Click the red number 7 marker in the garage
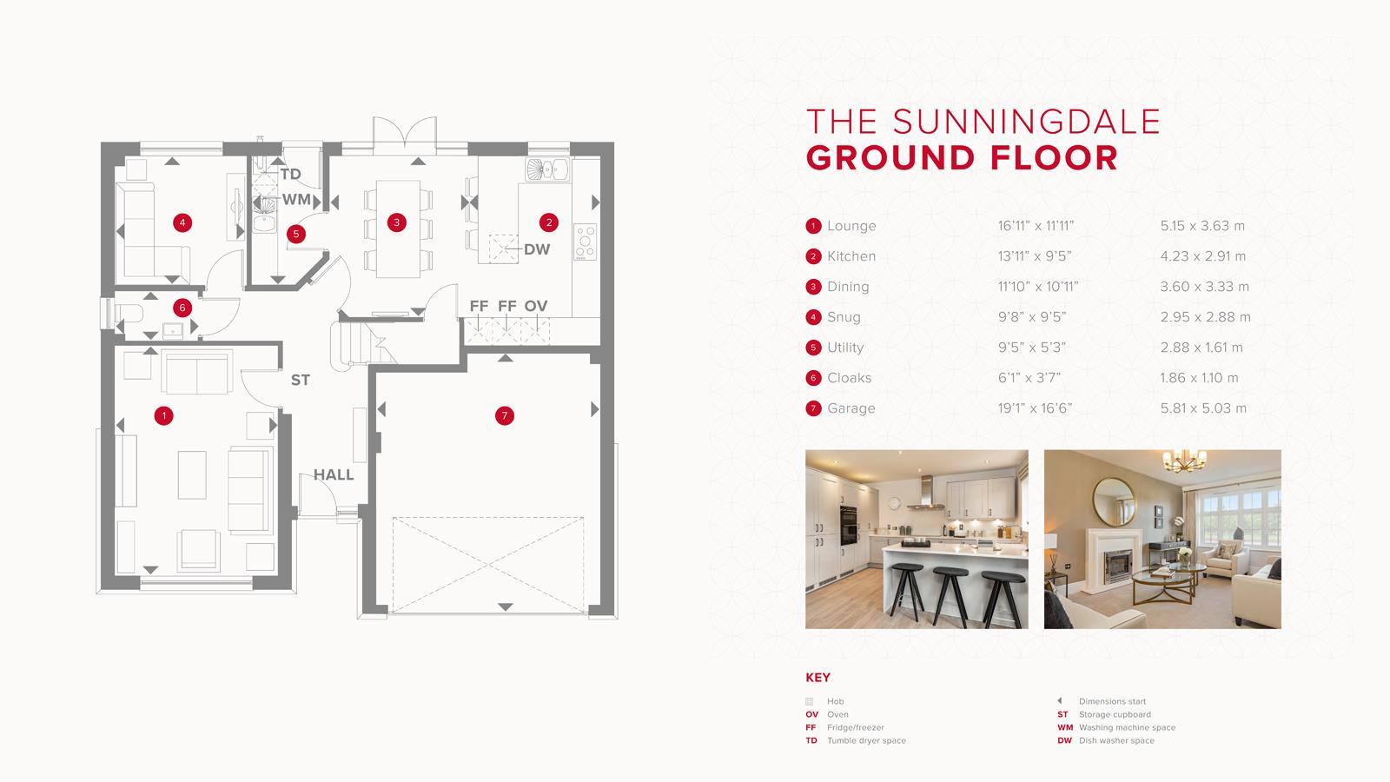505,416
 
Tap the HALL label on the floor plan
334,475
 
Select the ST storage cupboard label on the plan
300,381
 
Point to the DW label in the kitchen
537,249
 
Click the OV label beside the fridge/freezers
536,306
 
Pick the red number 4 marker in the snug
182,223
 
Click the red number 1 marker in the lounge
163,416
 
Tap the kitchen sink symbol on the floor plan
546,169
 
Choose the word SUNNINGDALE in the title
1026,122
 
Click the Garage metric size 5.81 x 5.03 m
1203,408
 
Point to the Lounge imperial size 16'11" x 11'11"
1036,226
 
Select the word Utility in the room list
845,348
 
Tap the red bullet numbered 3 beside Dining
813,287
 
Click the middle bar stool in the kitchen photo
950,591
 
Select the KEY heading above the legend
817,678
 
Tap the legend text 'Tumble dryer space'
866,741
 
